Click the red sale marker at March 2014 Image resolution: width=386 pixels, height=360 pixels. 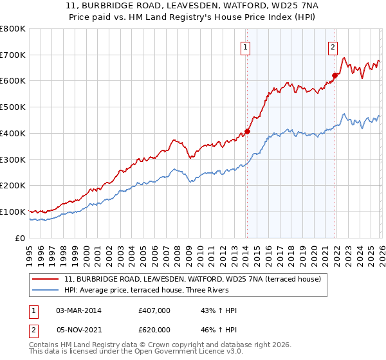click(247, 131)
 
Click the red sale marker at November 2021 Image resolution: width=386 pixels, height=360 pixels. click(335, 75)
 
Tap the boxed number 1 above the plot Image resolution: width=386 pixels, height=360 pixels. click(246, 46)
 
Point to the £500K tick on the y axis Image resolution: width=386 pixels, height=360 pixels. click(13, 107)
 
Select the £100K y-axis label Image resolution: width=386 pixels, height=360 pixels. click(13, 212)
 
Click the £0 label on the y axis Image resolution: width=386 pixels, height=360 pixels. click(19, 238)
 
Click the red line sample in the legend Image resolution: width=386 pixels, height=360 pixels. click(46, 278)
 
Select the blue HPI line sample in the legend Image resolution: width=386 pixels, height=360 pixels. click(46, 290)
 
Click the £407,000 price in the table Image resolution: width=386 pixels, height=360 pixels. click(154, 310)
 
